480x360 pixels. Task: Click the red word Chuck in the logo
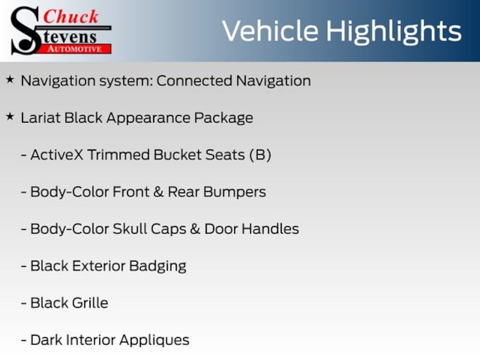pos(71,16)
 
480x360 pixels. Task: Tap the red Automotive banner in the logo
pos(75,49)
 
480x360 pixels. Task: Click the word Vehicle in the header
pos(270,31)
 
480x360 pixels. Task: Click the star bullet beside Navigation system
pos(10,80)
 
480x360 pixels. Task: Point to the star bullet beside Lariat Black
pos(10,117)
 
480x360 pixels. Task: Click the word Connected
pos(194,81)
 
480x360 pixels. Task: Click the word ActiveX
pos(57,155)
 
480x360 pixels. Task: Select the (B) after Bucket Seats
pos(260,155)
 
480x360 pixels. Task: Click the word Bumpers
pos(235,192)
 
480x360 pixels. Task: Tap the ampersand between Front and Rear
pos(158,192)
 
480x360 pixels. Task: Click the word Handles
pos(270,229)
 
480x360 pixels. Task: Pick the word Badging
pos(157,267)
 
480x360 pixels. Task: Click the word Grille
pos(90,303)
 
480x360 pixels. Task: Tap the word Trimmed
pos(119,155)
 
